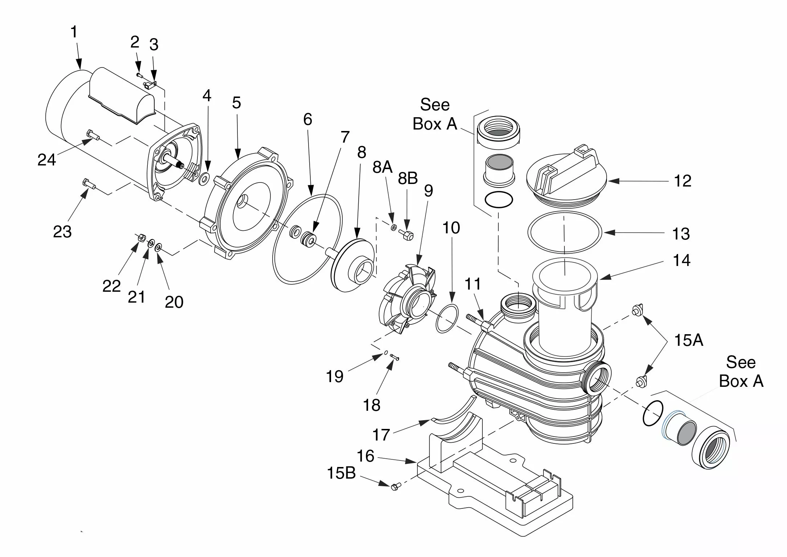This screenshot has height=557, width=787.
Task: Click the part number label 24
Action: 47,160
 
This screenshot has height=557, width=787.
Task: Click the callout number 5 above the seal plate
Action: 236,103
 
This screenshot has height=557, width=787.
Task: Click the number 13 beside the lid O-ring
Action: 681,234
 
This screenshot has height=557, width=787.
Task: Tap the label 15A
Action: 689,340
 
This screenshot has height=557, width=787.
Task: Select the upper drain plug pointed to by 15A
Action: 636,310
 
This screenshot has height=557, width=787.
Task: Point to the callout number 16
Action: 365,456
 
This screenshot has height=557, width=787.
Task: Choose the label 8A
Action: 383,167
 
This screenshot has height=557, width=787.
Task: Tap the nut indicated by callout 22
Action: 142,238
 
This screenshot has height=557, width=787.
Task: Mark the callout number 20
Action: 174,302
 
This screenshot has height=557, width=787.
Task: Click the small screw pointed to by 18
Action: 395,358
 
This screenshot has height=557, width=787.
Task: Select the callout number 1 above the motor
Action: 74,32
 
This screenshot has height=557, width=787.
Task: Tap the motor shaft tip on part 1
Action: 180,166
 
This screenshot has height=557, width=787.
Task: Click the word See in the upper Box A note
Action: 435,105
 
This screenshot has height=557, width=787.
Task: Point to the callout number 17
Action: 381,435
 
